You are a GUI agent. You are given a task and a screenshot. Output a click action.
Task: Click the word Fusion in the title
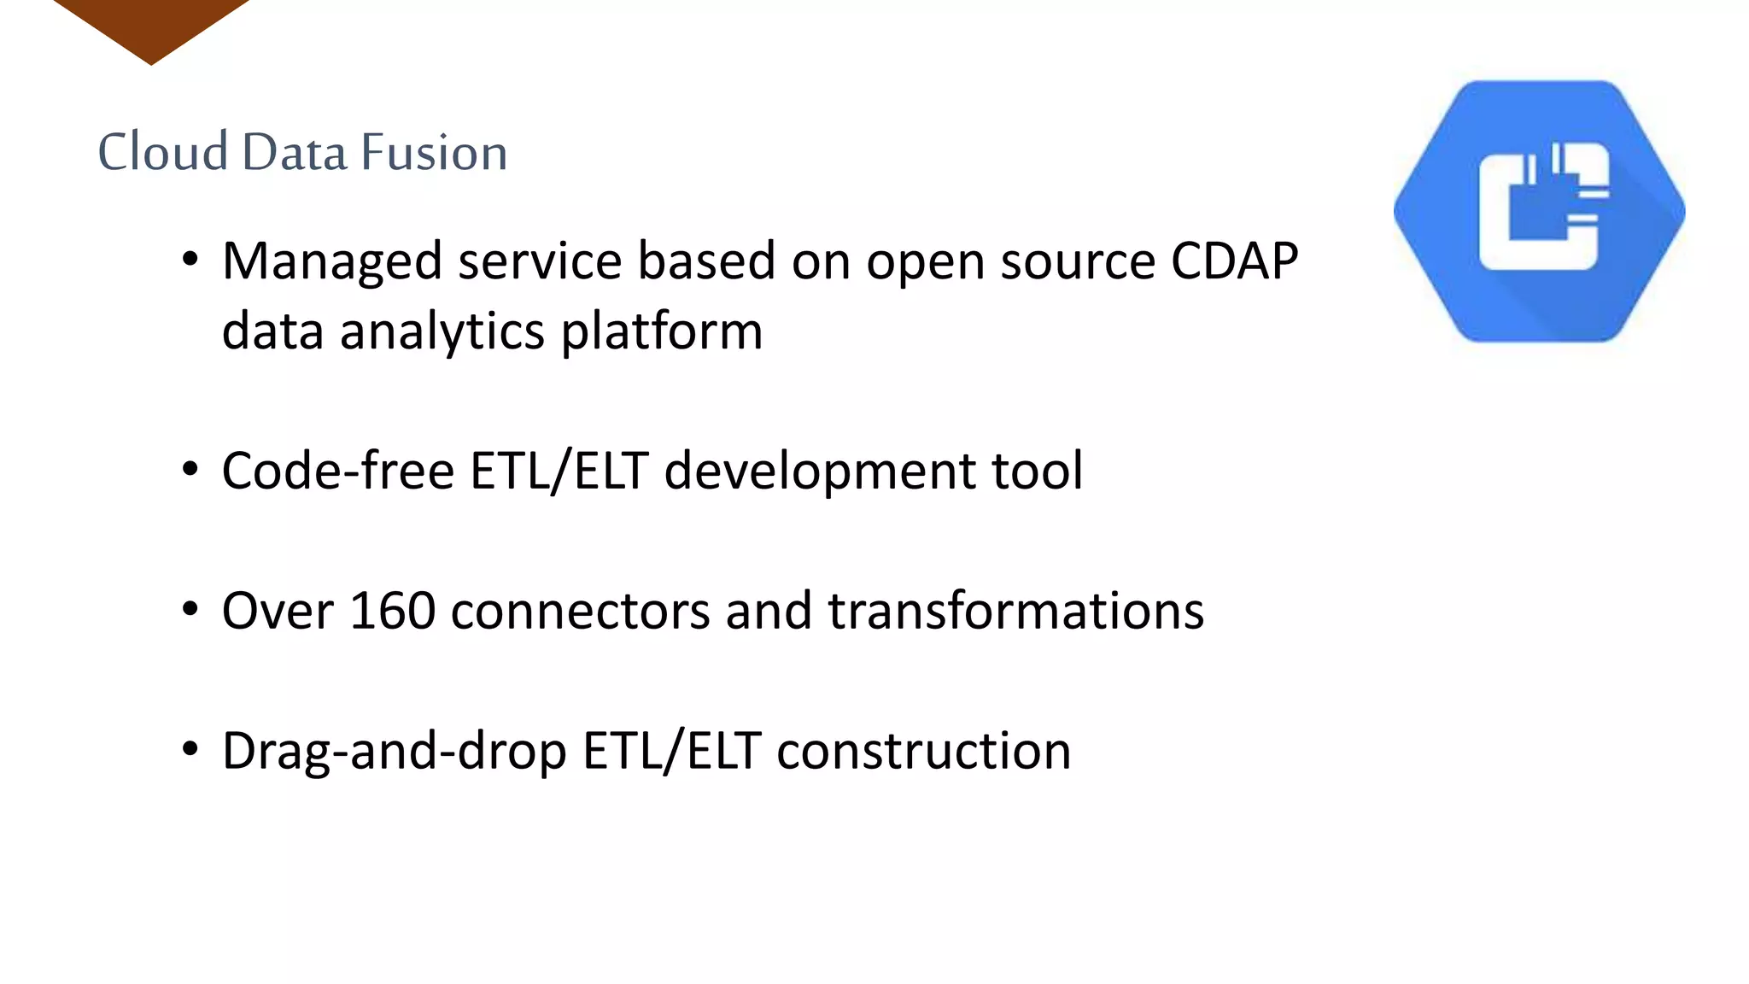click(x=434, y=152)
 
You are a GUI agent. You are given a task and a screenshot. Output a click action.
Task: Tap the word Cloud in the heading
click(x=163, y=152)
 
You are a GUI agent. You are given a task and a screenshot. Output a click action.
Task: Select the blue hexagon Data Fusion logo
click(x=1539, y=212)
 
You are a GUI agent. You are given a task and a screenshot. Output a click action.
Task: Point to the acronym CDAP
click(x=1234, y=261)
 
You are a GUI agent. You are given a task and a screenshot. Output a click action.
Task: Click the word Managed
click(x=332, y=262)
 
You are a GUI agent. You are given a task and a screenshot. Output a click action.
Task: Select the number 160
click(x=392, y=611)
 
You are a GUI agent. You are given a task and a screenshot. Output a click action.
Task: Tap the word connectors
click(x=580, y=612)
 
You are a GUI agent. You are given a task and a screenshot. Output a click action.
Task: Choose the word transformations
click(x=1015, y=611)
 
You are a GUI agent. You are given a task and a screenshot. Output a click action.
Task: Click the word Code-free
click(x=338, y=471)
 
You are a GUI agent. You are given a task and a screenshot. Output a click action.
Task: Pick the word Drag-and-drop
click(x=395, y=752)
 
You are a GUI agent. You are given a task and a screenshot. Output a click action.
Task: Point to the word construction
click(x=923, y=751)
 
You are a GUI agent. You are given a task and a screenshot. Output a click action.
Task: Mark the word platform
click(x=662, y=331)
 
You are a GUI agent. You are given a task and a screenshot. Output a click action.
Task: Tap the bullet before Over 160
click(x=190, y=610)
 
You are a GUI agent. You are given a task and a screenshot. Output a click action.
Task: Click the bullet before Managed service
click(x=190, y=259)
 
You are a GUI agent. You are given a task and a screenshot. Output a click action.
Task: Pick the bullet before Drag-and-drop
click(x=190, y=749)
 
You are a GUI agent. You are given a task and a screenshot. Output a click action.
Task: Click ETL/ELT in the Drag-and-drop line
click(x=671, y=751)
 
